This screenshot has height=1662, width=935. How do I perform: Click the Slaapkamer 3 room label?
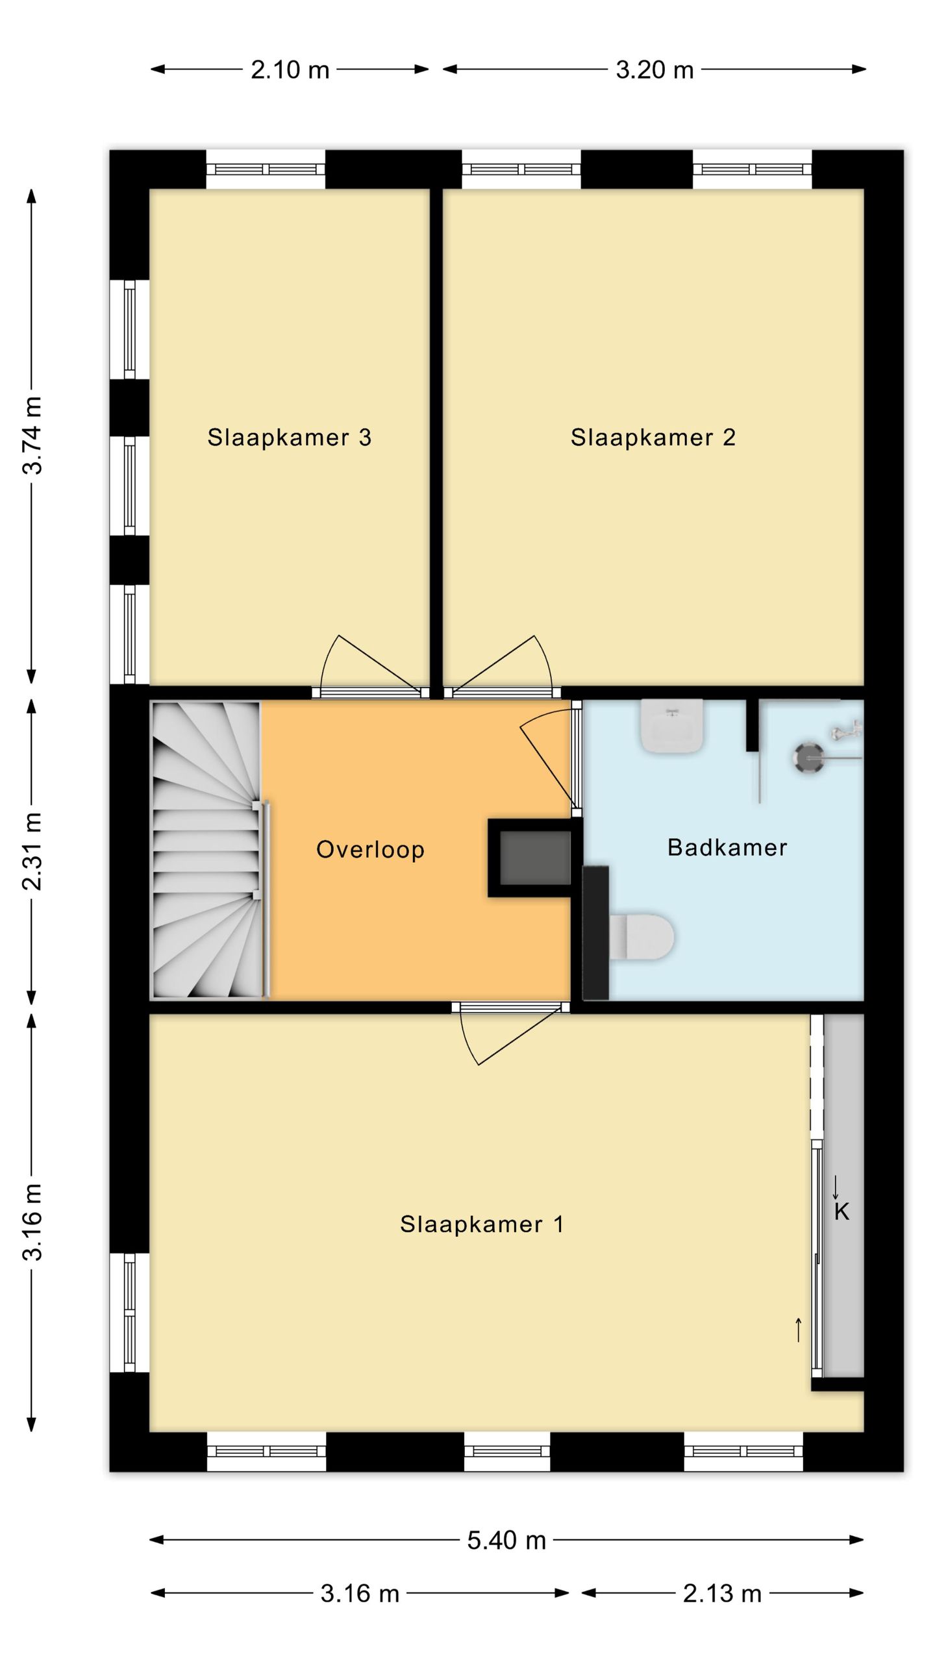289,438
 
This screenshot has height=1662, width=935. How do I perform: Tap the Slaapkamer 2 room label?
653,438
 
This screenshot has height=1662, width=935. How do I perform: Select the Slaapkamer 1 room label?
482,1224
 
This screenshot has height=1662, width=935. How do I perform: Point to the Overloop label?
370,850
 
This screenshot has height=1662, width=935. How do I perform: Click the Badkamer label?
727,847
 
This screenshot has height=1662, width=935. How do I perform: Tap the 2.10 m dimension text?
290,69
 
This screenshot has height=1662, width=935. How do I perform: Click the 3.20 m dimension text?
654,69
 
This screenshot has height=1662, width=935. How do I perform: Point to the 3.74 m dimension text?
32,436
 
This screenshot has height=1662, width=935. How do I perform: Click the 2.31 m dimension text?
32,850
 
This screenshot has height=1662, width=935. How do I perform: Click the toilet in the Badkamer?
642,937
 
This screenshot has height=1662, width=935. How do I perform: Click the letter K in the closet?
841,1211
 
